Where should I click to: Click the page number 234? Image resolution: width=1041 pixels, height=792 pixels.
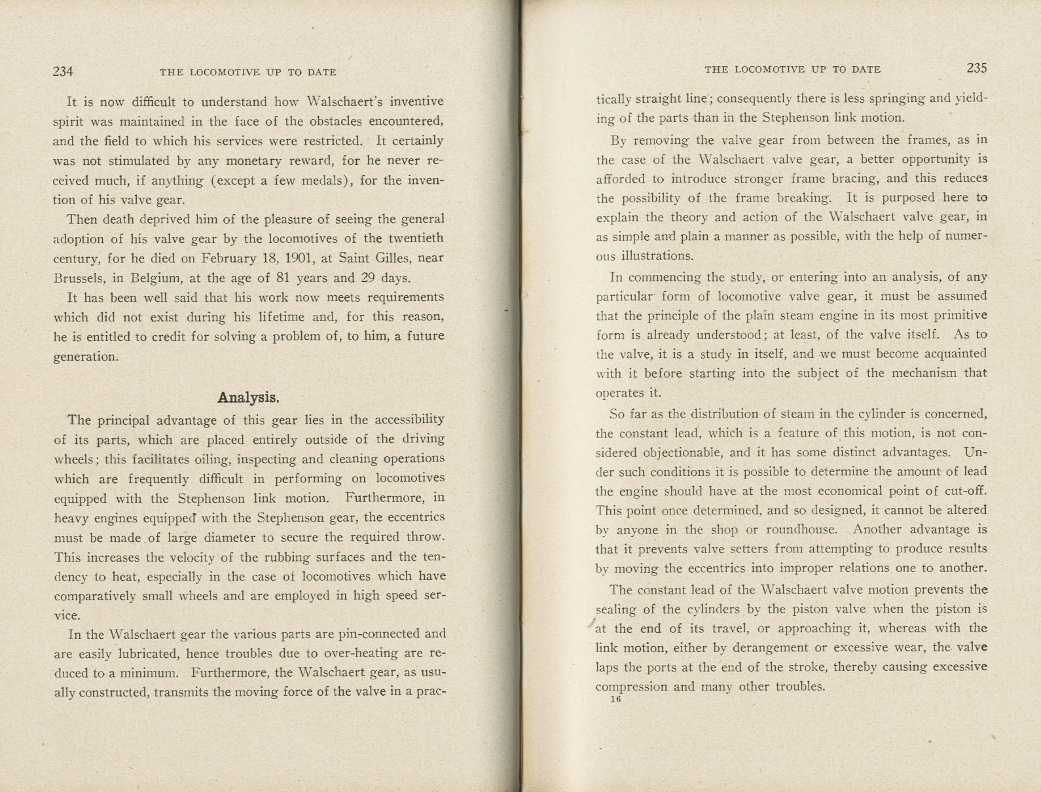(63, 72)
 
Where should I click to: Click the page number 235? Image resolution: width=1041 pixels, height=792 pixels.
(976, 68)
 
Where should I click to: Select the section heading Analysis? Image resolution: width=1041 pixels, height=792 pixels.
(248, 397)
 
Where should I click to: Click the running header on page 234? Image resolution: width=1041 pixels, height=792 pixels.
(248, 72)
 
